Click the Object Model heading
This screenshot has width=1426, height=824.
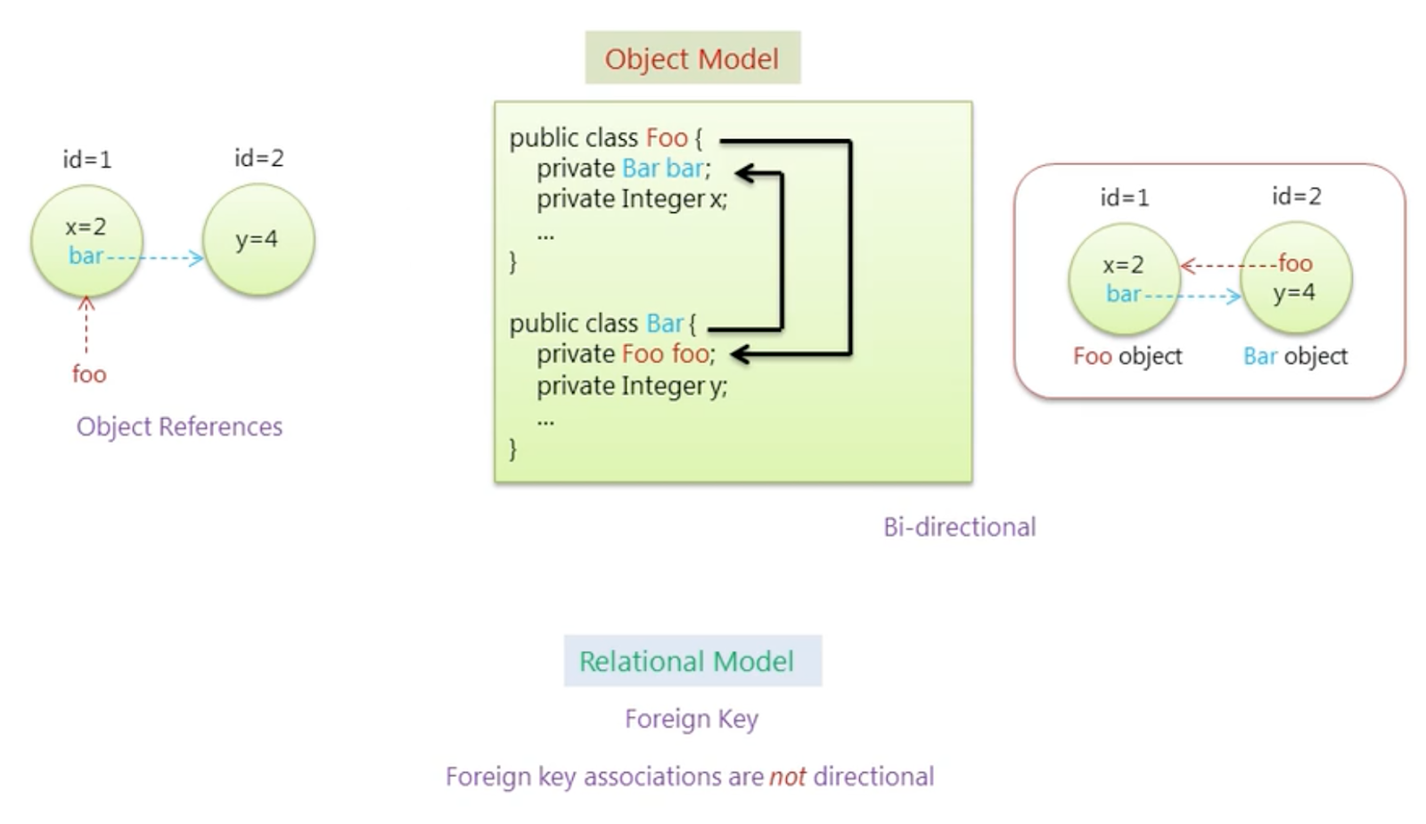[692, 59]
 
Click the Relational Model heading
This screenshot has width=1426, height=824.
[686, 661]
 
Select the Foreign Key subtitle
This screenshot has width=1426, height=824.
[692, 719]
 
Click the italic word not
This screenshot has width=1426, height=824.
[787, 777]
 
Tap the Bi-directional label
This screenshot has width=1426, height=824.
[959, 527]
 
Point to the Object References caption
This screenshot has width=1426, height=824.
[179, 426]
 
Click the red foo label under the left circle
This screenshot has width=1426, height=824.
[89, 374]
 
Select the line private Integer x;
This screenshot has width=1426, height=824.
[631, 199]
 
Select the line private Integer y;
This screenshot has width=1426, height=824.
[631, 386]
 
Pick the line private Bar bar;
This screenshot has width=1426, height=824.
[623, 169]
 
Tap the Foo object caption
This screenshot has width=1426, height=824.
[1127, 356]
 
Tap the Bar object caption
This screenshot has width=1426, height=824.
[1295, 356]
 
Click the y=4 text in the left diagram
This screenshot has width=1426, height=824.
[257, 239]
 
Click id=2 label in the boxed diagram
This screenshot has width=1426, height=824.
[1296, 196]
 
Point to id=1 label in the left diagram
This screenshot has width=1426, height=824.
[86, 160]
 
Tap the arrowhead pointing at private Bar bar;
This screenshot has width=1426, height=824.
[745, 174]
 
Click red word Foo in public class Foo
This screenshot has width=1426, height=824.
[667, 138]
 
